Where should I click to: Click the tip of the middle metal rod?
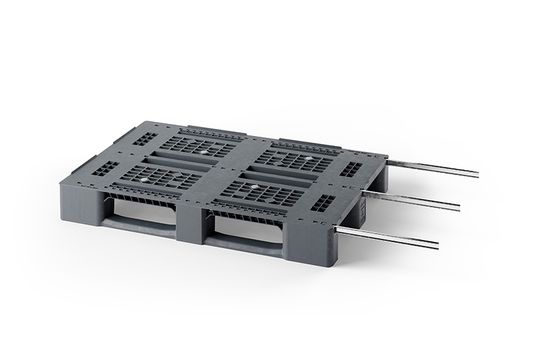(x=457, y=207)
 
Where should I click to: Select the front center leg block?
(x=191, y=223)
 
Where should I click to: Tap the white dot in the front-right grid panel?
(x=253, y=187)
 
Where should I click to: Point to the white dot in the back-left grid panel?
(x=203, y=152)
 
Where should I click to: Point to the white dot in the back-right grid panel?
(x=309, y=158)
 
